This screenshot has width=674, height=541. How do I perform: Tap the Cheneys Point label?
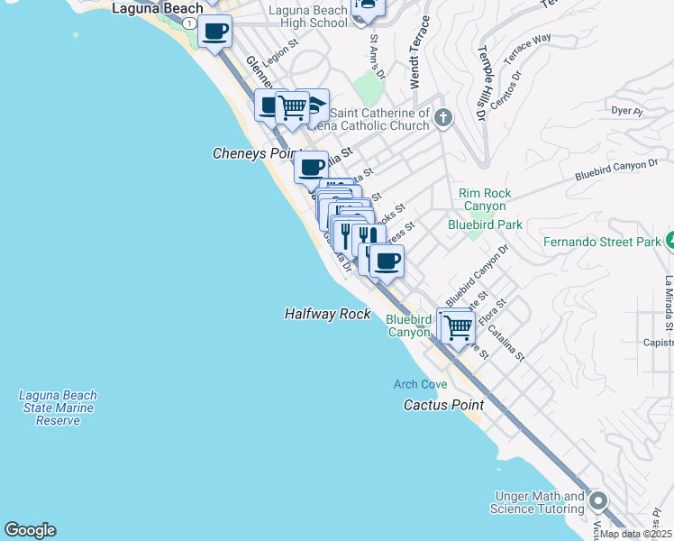(x=253, y=154)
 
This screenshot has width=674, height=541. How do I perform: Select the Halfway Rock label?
(x=327, y=314)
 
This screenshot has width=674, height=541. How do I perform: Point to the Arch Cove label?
(x=420, y=384)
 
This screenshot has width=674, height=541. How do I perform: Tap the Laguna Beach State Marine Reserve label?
(x=58, y=408)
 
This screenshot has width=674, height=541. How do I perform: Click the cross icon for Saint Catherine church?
(x=442, y=117)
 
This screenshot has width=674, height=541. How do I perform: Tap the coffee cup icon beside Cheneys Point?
(x=312, y=167)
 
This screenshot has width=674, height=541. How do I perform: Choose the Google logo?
(x=30, y=530)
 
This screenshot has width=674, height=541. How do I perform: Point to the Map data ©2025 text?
(x=635, y=534)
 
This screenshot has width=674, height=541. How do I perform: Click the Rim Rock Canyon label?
(x=485, y=199)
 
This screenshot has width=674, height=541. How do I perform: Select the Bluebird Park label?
(x=485, y=224)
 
